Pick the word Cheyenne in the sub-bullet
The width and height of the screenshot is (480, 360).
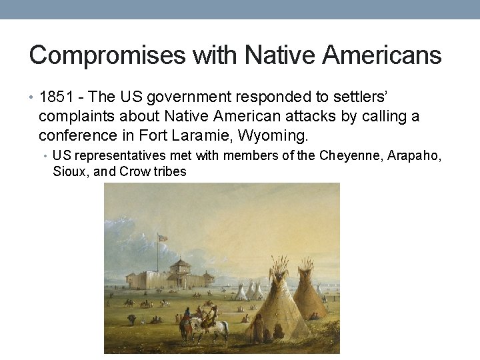point(350,156)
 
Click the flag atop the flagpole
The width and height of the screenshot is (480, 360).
point(163,237)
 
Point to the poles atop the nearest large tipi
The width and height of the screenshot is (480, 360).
point(278,264)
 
